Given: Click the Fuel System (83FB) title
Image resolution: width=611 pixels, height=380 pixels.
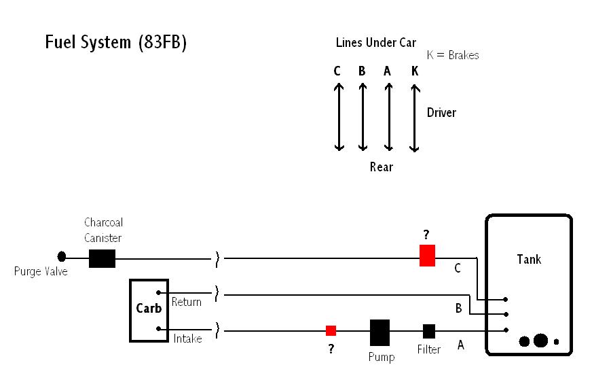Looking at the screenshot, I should [x=115, y=42].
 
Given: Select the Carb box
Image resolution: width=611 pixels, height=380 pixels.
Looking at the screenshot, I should [x=149, y=309].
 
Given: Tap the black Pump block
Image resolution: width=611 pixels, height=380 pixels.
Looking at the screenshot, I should [x=379, y=332].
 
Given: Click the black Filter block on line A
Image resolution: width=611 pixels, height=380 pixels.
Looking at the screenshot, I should [x=429, y=331].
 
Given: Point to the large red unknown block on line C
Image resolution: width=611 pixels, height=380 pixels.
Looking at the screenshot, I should [x=427, y=256].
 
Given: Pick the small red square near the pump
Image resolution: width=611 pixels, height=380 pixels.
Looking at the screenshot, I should [x=331, y=330].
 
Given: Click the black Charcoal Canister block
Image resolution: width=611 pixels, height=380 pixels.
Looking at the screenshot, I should [x=103, y=258].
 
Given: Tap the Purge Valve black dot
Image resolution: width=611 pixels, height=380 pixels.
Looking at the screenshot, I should [x=62, y=257].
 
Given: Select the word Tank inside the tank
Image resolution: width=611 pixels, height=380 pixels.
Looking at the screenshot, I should [x=529, y=259].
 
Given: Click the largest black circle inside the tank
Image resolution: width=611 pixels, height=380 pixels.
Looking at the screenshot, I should [x=540, y=341].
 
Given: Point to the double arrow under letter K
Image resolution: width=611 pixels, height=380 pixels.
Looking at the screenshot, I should [x=415, y=118].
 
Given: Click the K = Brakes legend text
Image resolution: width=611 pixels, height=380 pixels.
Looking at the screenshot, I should [x=453, y=55].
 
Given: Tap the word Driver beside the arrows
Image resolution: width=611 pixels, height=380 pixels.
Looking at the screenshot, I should [x=441, y=112].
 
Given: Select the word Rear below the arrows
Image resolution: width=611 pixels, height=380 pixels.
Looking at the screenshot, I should [x=381, y=167].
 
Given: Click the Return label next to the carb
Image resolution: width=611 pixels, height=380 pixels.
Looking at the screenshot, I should [x=186, y=302].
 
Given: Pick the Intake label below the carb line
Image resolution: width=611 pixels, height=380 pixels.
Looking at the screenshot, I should [x=187, y=338].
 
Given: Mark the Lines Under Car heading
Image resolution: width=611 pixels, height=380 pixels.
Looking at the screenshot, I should [x=375, y=43].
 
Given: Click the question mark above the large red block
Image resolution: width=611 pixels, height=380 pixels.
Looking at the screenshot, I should [x=426, y=235].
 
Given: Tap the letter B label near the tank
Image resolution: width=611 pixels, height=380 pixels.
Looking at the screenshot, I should [x=459, y=309].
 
